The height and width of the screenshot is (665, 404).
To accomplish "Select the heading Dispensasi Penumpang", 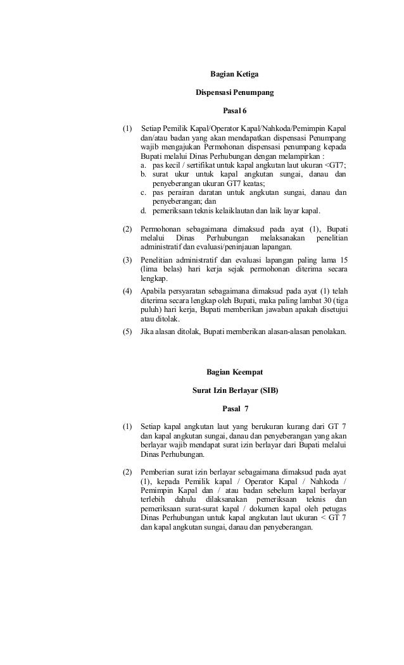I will (234, 94).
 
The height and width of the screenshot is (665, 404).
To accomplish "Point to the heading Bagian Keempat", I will (234, 371).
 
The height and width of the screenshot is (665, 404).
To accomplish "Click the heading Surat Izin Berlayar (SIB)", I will (234, 390).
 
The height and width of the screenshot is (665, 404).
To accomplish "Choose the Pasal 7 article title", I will (234, 408).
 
